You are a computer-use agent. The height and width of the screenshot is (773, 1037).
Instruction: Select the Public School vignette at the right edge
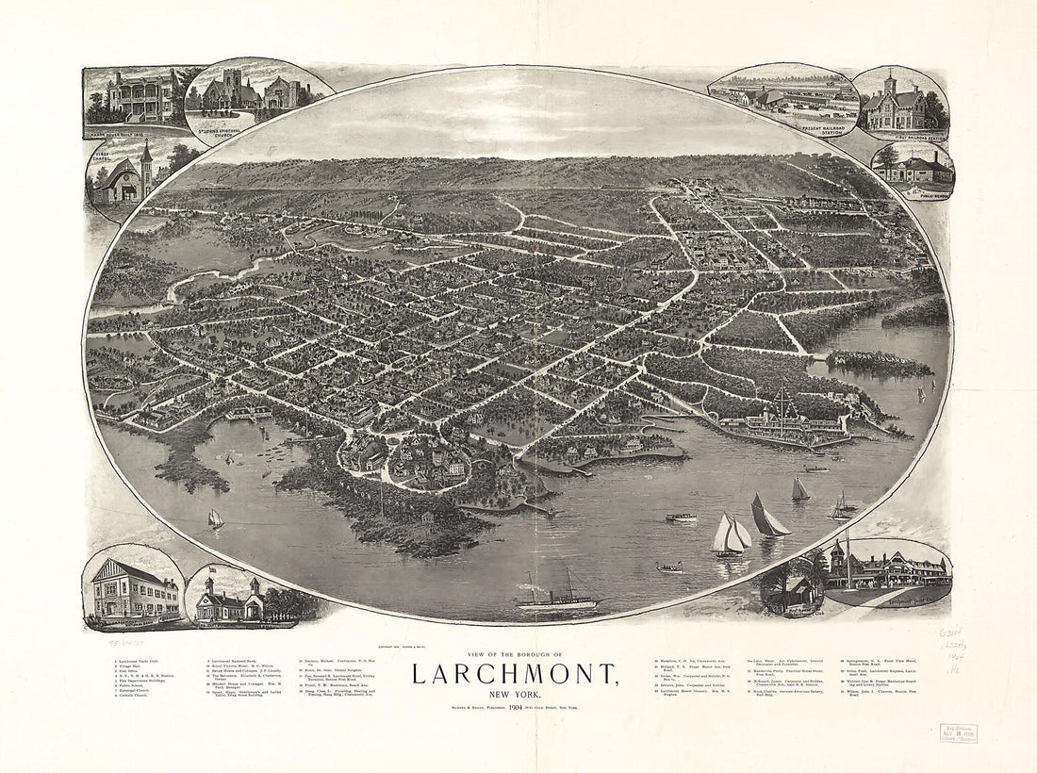click(x=913, y=170)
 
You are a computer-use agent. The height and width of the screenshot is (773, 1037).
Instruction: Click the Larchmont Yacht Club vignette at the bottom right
click(x=886, y=570)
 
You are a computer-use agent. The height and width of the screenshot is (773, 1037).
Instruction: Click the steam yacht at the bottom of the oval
click(x=558, y=598)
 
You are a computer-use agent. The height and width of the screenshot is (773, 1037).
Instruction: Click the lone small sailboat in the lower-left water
click(x=216, y=518)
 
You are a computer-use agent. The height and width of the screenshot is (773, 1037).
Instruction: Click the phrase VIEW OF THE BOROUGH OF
click(x=514, y=654)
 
